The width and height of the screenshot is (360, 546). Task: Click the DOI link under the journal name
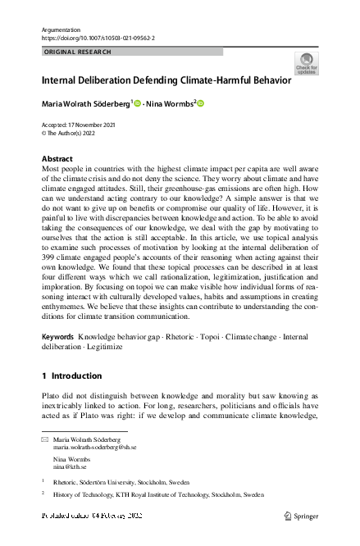point(98,38)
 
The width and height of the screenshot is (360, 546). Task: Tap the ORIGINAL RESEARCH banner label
point(77,52)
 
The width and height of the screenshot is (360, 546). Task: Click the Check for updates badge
point(306,64)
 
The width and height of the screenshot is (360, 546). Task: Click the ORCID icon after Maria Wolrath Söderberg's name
point(138,103)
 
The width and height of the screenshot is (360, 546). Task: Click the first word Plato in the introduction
point(51,395)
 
